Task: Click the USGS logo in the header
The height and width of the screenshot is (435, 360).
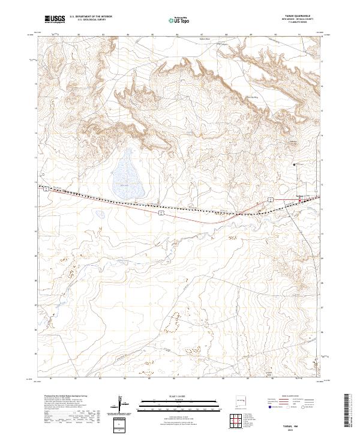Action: click(x=55, y=20)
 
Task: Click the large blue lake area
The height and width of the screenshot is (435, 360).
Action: click(x=129, y=175)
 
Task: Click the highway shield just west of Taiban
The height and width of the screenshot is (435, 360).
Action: click(x=271, y=199)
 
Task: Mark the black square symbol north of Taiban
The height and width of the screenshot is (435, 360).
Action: click(x=294, y=164)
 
